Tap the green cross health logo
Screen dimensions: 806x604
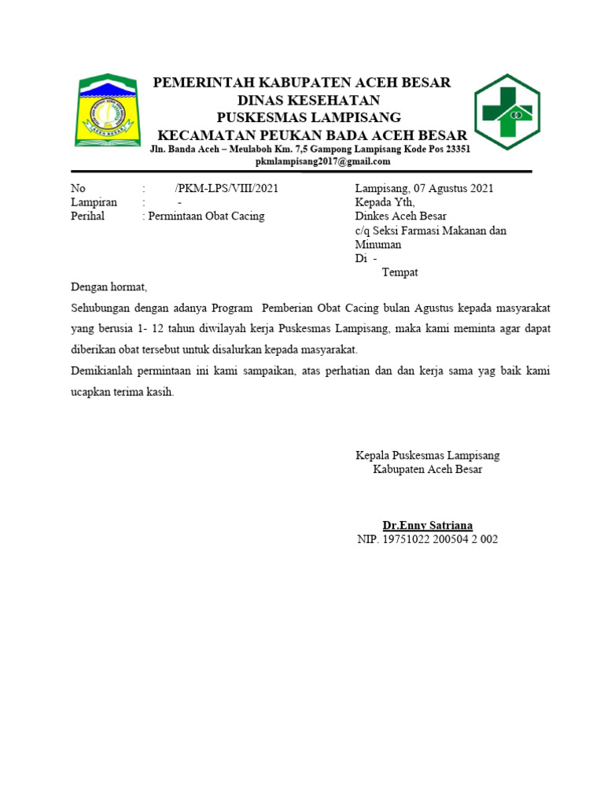pyautogui.click(x=506, y=112)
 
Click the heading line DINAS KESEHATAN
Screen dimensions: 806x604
pyautogui.click(x=308, y=100)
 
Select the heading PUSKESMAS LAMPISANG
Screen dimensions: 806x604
pyautogui.click(x=308, y=116)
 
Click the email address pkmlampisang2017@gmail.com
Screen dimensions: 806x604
pyautogui.click(x=323, y=161)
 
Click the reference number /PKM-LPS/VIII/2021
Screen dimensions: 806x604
pyautogui.click(x=226, y=189)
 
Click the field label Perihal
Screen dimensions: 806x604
pyautogui.click(x=87, y=216)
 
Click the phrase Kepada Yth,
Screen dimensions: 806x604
pyautogui.click(x=385, y=202)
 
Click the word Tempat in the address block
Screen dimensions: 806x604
pyautogui.click(x=400, y=272)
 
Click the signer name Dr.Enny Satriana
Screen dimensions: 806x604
pyautogui.click(x=427, y=525)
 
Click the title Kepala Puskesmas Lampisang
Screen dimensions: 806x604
pyautogui.click(x=427, y=455)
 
